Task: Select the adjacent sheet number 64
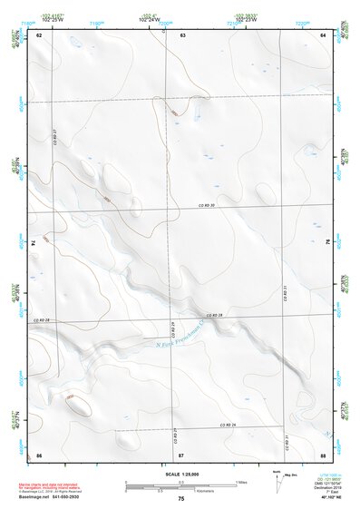coord(323,34)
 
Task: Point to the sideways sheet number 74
coord(36,243)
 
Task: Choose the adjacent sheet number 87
coord(181,454)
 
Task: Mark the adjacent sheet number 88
coord(323,454)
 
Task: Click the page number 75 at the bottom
coord(181,499)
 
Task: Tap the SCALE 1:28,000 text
coord(180,474)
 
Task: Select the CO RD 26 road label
coord(226,425)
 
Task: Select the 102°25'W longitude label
coord(52,17)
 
